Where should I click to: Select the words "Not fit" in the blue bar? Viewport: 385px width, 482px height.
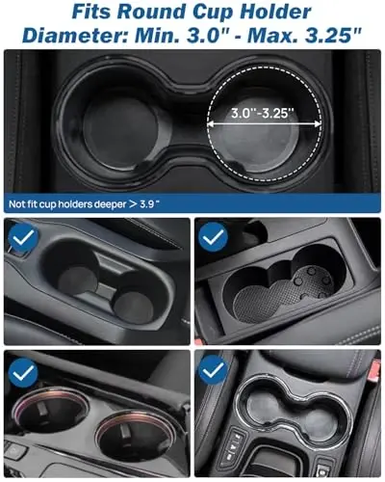(x=26, y=203)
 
